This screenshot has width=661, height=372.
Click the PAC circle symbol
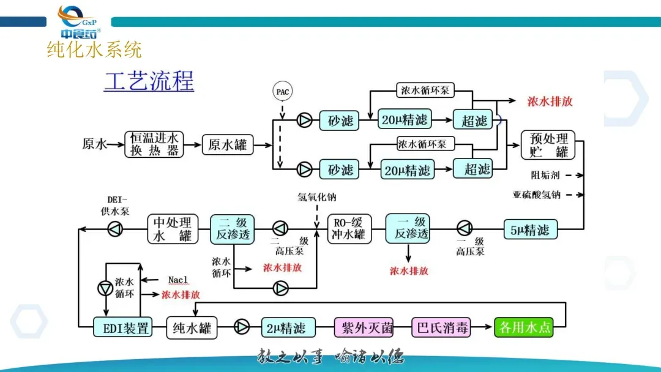pos(282,92)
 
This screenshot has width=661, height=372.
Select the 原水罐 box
pos(227,145)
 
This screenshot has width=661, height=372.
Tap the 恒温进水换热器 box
pos(155,145)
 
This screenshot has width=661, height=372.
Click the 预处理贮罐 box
pos(549,145)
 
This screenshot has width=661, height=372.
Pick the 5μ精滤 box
pos(530,230)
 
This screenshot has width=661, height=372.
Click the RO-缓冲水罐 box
pos(350,228)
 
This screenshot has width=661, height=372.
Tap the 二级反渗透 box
pos(232,228)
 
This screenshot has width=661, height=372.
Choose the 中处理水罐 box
pos(171,228)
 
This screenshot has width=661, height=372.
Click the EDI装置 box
pos(122,328)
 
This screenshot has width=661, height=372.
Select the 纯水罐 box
pos(192,328)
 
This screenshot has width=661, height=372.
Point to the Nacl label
pos(178,280)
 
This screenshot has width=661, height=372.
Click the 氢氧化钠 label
pos(317,198)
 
